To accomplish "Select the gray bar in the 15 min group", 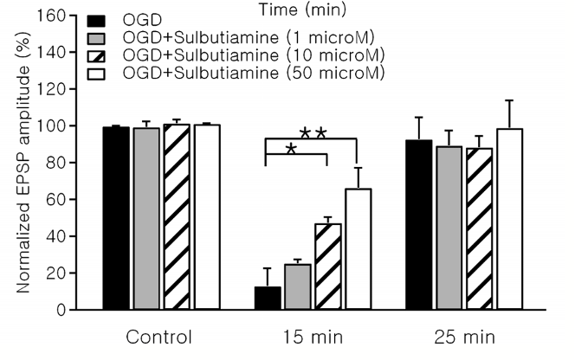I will pyautogui.click(x=298, y=286).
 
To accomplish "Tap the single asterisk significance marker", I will pyautogui.click(x=291, y=150).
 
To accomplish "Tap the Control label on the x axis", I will pyautogui.click(x=158, y=336).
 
